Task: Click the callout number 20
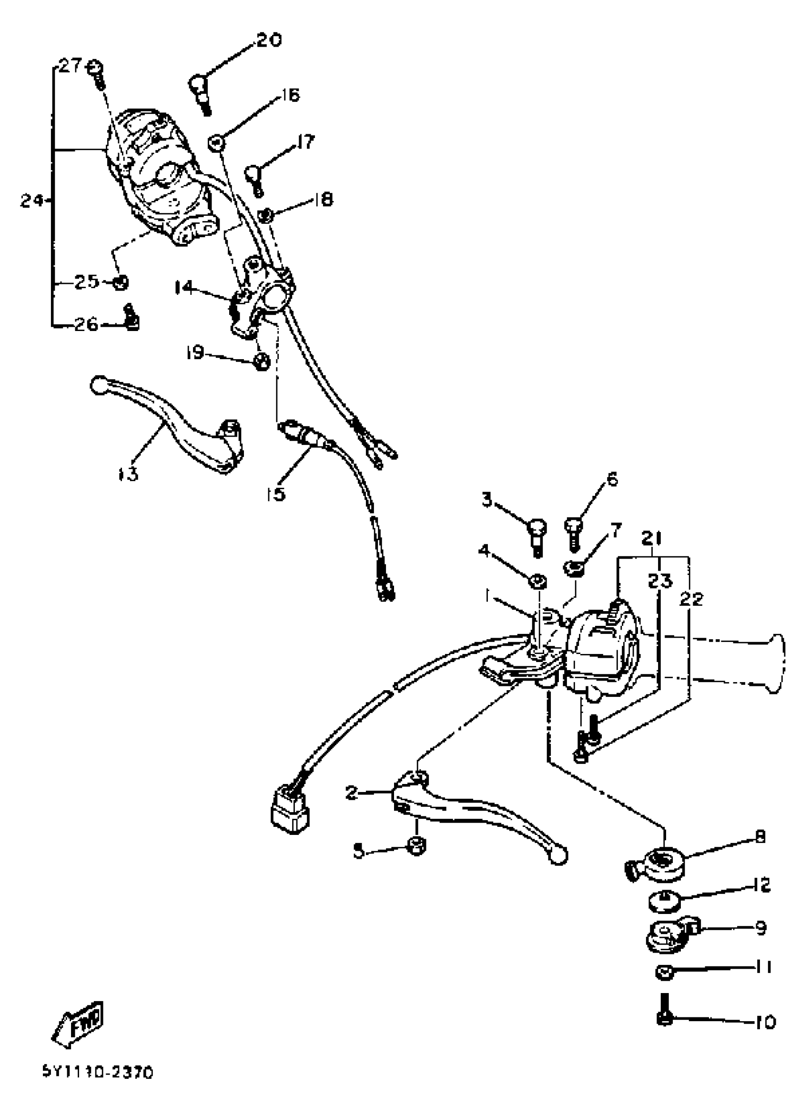[269, 40]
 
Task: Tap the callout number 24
[32, 201]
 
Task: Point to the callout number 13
[128, 474]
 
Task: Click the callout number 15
[276, 493]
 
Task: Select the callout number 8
[760, 836]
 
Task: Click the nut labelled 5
[416, 846]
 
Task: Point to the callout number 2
[351, 792]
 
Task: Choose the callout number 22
[691, 599]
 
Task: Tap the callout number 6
[612, 479]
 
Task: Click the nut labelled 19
[262, 362]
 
